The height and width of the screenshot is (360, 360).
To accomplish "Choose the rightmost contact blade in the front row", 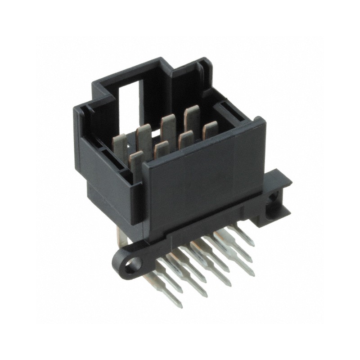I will (x=210, y=130).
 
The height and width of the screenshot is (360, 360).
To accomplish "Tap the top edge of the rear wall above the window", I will (x=130, y=76).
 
